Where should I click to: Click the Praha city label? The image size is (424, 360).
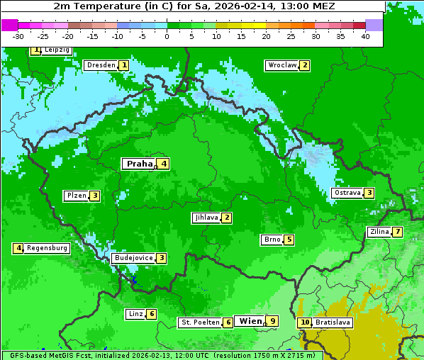139,164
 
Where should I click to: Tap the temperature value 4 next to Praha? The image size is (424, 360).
164,164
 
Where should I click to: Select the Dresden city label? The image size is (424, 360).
100,65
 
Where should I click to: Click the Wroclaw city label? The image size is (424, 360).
281,65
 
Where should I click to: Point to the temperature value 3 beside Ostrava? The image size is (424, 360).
369,193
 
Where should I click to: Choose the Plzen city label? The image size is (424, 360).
76,196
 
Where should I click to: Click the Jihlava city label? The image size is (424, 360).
206,218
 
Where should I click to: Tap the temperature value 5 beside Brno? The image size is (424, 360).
289,240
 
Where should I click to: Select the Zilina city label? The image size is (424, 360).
379,232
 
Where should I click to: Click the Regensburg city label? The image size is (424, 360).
47,248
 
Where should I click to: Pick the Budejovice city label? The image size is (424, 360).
133,258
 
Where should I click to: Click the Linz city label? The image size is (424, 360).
135,314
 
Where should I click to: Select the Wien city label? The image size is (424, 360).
250,321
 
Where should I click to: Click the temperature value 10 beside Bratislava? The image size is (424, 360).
305,322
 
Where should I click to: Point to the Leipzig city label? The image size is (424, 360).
56,50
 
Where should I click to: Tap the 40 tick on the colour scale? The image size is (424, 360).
365,36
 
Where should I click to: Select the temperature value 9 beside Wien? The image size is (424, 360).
272,321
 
